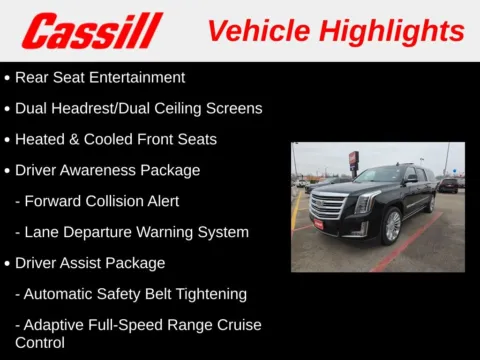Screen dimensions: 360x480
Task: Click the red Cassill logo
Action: coord(92,31)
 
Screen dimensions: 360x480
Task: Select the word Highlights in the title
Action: coord(391,31)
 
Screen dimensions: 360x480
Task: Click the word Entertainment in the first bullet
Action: coord(135,77)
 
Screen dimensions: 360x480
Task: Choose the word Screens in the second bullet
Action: coord(236,108)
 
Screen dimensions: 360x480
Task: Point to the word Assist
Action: coord(85,263)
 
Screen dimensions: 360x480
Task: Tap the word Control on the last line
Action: coord(40,342)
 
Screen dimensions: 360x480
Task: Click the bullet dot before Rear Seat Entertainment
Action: coord(8,78)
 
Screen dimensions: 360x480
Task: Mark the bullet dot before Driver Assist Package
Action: coord(8,264)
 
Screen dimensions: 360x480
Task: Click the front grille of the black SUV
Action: coord(328,205)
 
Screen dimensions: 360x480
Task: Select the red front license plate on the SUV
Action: coord(319,223)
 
